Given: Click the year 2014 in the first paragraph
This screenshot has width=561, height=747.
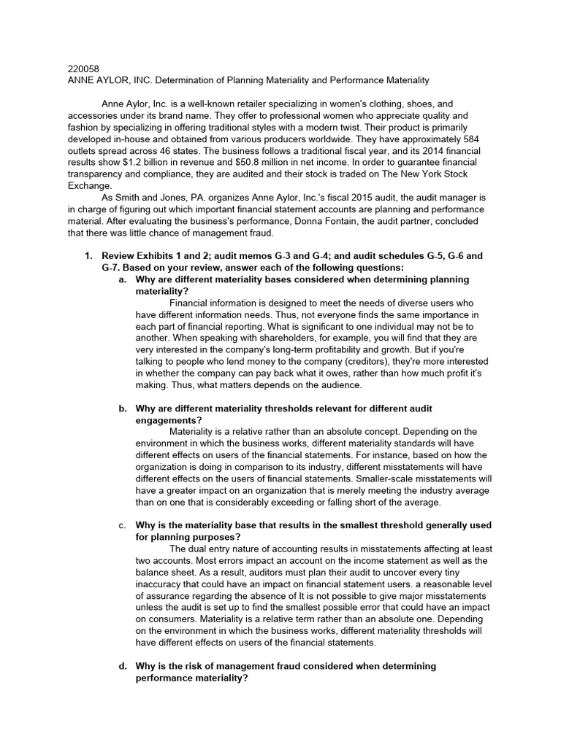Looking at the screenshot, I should (x=454, y=150).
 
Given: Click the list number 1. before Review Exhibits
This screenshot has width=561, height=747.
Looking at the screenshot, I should (x=88, y=256).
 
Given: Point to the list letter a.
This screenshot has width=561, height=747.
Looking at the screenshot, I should (x=122, y=279).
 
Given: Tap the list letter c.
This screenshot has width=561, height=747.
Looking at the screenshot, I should (x=122, y=525).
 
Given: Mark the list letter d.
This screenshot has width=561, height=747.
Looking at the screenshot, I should (x=122, y=666).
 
